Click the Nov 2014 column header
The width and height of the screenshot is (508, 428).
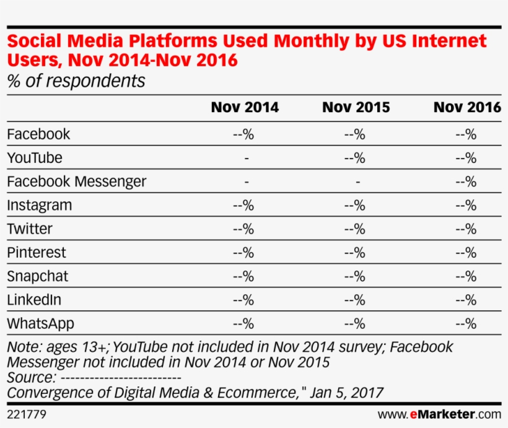coord(245,107)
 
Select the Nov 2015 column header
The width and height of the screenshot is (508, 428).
coord(356,107)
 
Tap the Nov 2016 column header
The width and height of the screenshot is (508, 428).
coord(467,107)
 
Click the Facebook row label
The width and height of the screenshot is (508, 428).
coord(38,134)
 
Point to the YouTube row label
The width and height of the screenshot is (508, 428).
coord(35,158)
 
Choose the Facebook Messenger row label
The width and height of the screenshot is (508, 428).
coord(77,181)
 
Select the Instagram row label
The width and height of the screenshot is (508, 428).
coord(40,205)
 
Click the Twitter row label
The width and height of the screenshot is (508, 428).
coord(30,229)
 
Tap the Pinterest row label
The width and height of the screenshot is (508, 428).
coord(37,253)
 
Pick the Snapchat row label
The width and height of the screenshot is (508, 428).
coord(38,276)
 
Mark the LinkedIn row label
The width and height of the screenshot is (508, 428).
coord(34,300)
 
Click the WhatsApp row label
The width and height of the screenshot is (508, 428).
coord(40,323)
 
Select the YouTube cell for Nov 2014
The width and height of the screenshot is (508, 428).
coord(247,159)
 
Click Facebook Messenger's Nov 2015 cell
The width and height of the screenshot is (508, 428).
coord(357,182)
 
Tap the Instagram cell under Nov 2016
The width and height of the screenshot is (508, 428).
coord(466,205)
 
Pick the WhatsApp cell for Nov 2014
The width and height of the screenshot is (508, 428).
coord(243,323)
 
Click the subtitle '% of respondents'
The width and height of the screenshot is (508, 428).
coord(76,81)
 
